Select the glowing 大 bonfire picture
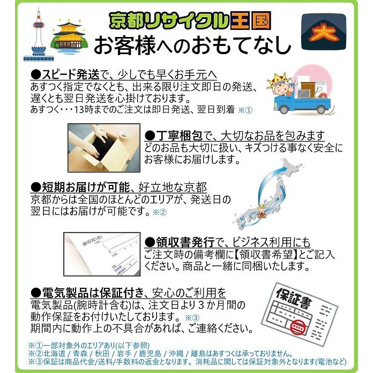click(x=324, y=32)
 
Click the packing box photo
click(x=104, y=148)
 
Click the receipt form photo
click(x=102, y=254)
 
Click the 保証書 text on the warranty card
click(x=294, y=299)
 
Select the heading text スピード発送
click(x=71, y=74)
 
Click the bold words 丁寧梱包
click(x=180, y=136)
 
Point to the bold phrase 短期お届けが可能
click(x=86, y=188)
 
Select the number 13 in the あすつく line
click(x=78, y=110)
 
